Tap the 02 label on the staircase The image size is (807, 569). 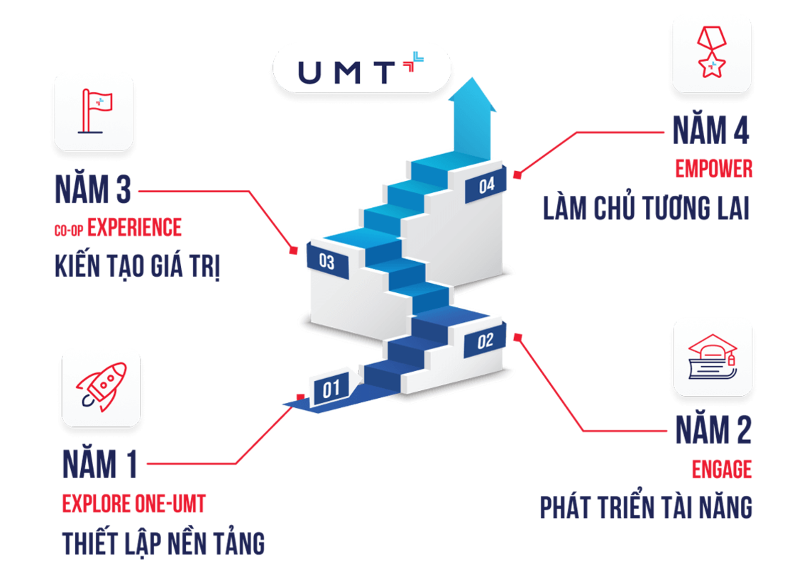coord(485,341)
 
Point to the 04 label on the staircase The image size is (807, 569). coord(486,186)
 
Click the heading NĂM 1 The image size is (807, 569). coord(99,465)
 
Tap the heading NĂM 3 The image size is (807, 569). coord(92,190)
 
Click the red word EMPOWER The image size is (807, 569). coord(713,170)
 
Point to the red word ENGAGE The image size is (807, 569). coord(722,470)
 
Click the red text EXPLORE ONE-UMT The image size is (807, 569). coord(134,505)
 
